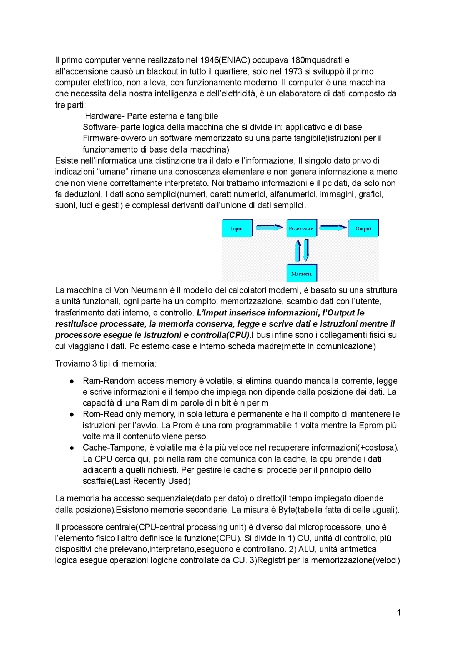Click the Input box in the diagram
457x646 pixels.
[x=237, y=228]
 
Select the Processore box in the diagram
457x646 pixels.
[x=301, y=228]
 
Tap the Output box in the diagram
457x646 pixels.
[x=363, y=228]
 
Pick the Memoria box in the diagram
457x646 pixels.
[x=302, y=273]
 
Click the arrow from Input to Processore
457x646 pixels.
[x=270, y=227]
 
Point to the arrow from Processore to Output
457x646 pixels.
[x=333, y=227]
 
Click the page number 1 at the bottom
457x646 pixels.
[x=398, y=612]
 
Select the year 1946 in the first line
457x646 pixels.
[x=209, y=60]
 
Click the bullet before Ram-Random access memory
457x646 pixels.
[x=72, y=381]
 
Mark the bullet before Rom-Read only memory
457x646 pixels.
[x=72, y=414]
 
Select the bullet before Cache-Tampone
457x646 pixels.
[x=72, y=448]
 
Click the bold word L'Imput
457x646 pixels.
[x=212, y=313]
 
